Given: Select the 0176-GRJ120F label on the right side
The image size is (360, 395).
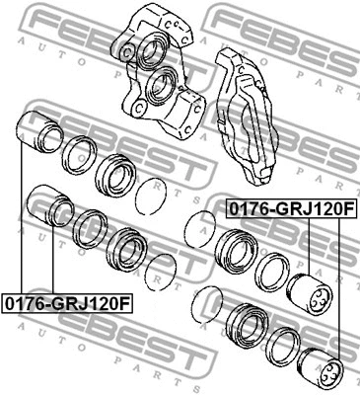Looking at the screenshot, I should click(x=291, y=208).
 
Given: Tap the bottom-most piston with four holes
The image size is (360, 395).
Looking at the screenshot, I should click(x=322, y=366).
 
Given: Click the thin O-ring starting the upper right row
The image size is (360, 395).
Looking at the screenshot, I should click(x=201, y=227).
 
